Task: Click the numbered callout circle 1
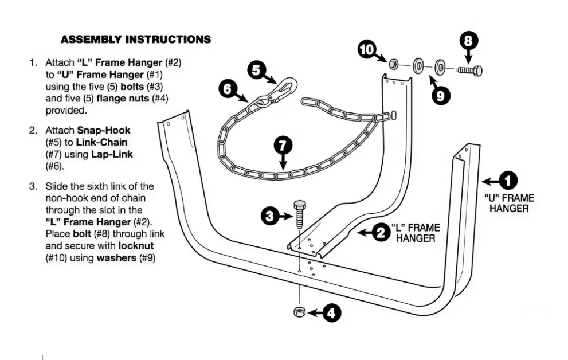click(508, 181)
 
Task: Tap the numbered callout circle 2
click(381, 233)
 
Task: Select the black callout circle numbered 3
click(270, 217)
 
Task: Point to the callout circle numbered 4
click(331, 312)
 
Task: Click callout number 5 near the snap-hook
click(256, 70)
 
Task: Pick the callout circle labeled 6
click(228, 88)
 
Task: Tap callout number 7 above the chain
click(283, 146)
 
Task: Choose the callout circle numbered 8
click(468, 41)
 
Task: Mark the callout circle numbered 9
click(441, 96)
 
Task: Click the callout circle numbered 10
click(367, 50)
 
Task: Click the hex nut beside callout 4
click(299, 312)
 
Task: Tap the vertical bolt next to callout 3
click(299, 214)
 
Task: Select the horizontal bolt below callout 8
click(469, 69)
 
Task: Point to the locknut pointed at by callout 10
click(394, 64)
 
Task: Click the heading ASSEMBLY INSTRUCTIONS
click(136, 39)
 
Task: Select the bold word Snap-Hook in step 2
click(104, 130)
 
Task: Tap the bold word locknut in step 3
click(136, 246)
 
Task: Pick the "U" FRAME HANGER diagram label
click(510, 204)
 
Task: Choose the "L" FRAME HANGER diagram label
click(416, 233)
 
